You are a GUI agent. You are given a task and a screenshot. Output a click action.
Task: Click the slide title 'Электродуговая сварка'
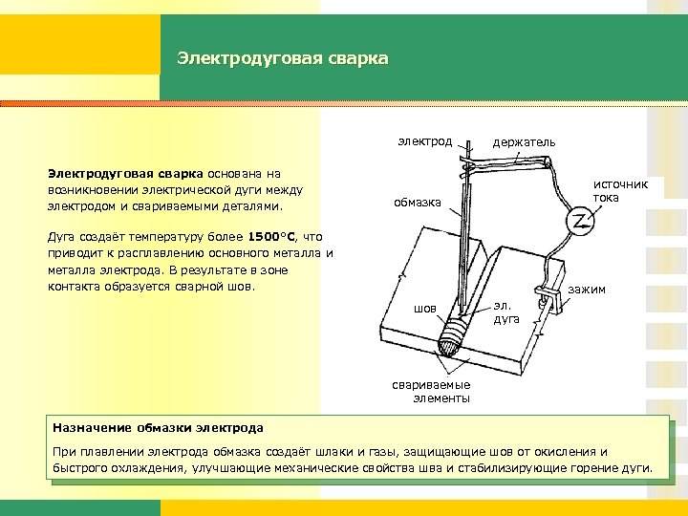click(283, 59)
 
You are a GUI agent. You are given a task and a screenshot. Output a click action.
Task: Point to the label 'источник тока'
click(619, 190)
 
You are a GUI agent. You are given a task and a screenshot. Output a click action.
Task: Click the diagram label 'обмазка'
click(418, 202)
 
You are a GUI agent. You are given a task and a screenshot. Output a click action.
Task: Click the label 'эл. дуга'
click(506, 312)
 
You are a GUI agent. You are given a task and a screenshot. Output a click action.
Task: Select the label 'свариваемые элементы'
click(431, 392)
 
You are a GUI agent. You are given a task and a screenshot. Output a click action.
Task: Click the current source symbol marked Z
click(580, 222)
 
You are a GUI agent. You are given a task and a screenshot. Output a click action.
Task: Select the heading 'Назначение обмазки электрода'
click(159, 427)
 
